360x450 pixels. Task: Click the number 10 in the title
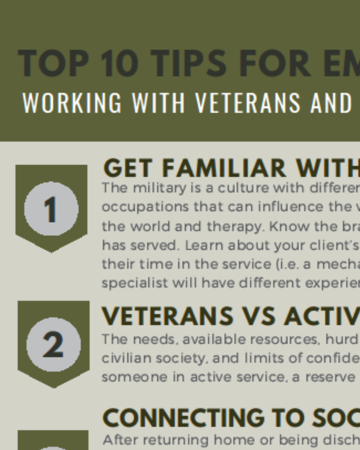tap(120, 63)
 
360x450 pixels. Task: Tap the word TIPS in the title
tap(189, 63)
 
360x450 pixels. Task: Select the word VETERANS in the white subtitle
tap(248, 103)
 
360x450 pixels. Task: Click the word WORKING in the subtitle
tap(72, 103)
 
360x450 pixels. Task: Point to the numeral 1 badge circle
tap(51, 209)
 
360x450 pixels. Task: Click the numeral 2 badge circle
tap(53, 345)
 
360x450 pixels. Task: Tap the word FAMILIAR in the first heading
tap(224, 168)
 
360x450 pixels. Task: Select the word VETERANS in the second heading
tap(167, 316)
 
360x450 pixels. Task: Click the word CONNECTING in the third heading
tap(183, 418)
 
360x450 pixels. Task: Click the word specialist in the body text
tap(135, 283)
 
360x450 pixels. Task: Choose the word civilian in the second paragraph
tap(127, 358)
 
